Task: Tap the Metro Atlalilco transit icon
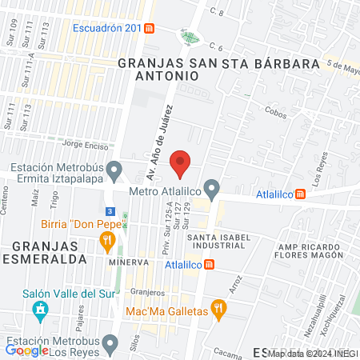pos(212,190)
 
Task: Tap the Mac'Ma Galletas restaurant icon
pos(217,310)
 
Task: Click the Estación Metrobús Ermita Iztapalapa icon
pos(114,170)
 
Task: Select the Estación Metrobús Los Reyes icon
pos(112,343)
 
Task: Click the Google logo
pos(26,350)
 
